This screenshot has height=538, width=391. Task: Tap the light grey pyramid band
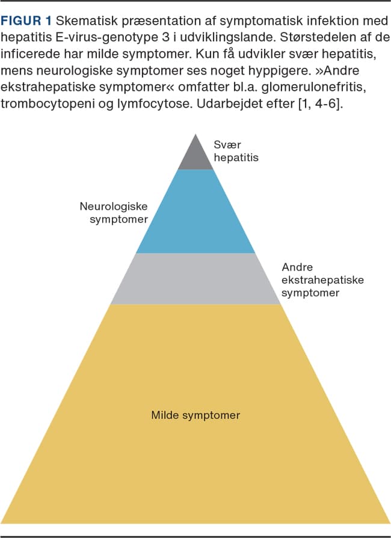(195, 278)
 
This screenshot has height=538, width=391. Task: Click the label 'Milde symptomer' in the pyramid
(195, 415)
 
